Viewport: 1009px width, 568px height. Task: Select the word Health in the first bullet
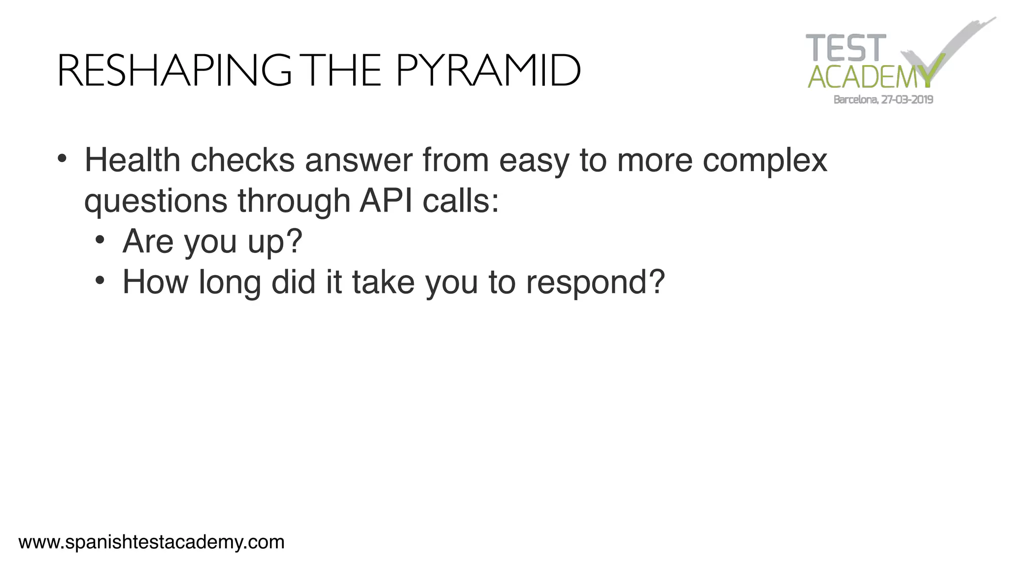coord(133,160)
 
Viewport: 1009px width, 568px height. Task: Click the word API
coord(386,201)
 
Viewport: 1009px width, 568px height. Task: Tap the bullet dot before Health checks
coord(62,159)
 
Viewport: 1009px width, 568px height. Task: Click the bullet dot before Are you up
coord(100,240)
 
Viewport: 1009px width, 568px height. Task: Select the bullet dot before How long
coord(100,281)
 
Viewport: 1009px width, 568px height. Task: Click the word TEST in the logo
coord(845,48)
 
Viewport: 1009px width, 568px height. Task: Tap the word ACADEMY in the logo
coord(870,77)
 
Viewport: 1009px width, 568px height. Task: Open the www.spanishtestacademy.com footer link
coord(152,542)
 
